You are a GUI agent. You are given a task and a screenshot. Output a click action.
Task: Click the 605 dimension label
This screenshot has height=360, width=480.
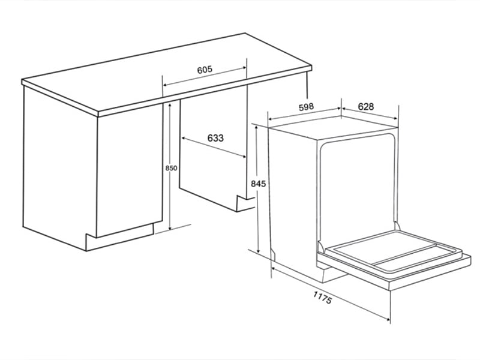click(205, 70)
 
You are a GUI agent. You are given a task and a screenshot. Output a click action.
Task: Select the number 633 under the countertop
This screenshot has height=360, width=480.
click(215, 138)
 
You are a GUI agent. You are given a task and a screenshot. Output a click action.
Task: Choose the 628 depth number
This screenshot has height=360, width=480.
click(366, 106)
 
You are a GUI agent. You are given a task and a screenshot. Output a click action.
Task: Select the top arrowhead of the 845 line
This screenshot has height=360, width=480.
click(258, 127)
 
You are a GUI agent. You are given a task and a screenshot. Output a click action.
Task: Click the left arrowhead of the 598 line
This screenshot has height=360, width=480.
click(270, 119)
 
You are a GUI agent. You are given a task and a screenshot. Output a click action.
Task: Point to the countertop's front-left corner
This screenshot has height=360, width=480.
click(23, 83)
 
